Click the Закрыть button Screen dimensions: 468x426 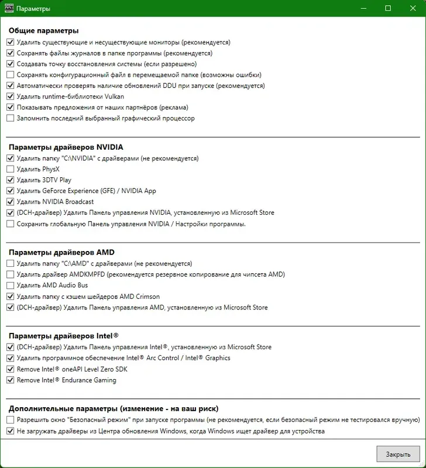(397, 453)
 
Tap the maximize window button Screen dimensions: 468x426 (387, 9)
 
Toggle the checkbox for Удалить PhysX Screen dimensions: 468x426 (11, 169)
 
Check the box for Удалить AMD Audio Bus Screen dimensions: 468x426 (11, 285)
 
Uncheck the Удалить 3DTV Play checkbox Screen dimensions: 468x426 (11, 180)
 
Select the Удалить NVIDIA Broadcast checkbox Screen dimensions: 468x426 (11, 202)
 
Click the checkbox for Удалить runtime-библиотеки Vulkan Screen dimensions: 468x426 (11, 97)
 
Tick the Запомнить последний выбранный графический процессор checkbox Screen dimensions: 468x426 (11, 118)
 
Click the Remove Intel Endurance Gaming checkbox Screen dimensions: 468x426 (11, 380)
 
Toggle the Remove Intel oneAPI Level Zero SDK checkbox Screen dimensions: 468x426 (11, 369)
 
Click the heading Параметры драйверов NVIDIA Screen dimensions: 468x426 (66, 147)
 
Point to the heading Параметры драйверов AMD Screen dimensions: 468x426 (61, 252)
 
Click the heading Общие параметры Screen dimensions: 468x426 (43, 31)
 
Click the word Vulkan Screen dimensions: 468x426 (114, 97)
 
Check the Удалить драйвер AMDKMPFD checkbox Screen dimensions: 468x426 (11, 274)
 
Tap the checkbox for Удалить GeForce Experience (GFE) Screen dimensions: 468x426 (11, 191)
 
